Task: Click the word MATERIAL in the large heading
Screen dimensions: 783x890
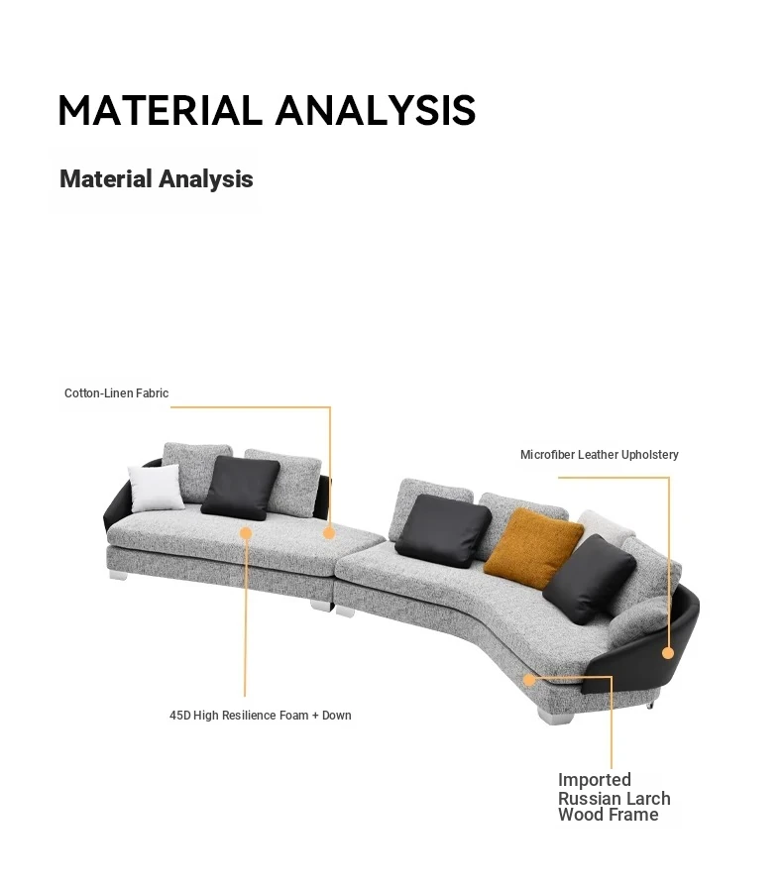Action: coord(161,110)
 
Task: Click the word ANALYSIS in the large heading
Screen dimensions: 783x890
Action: coord(376,110)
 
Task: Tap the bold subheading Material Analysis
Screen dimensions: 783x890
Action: coord(157,178)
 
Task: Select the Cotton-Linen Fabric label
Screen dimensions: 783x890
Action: coord(116,392)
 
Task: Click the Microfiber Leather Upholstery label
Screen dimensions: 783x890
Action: coord(599,455)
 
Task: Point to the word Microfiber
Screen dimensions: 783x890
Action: coord(547,455)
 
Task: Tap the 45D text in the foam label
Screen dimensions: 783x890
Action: coord(179,716)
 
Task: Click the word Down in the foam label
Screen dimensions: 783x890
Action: coord(337,716)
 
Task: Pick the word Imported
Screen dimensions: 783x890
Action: coord(595,780)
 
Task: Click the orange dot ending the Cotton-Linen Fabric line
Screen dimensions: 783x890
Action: coord(329,533)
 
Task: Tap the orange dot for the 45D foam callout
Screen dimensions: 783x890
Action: coord(246,533)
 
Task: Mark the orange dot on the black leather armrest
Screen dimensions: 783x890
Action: coord(668,653)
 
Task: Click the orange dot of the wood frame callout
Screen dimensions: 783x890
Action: coord(528,680)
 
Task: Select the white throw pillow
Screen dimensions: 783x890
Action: coord(155,488)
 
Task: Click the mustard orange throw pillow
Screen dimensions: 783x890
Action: coord(533,548)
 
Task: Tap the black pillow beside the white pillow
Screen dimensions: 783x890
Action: coord(241,489)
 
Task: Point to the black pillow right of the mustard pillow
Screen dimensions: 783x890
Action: coord(590,579)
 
